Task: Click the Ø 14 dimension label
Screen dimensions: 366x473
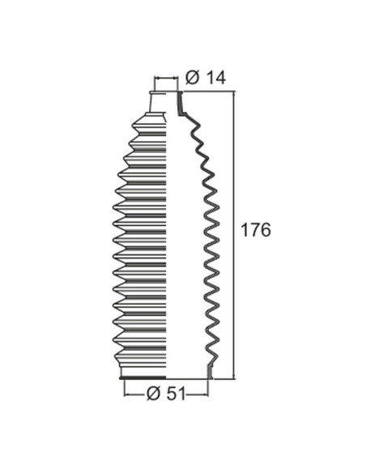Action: point(206,78)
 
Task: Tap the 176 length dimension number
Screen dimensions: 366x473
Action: point(256,231)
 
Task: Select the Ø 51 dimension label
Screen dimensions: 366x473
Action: point(166,394)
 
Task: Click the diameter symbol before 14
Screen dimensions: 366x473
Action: point(193,78)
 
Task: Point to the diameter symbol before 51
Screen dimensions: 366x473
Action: point(154,394)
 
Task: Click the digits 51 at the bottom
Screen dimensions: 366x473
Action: point(176,394)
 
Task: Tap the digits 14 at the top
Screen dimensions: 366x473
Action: point(216,78)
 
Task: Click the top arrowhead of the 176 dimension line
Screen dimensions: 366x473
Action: point(234,94)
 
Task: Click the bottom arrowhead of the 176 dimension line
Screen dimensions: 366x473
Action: point(234,375)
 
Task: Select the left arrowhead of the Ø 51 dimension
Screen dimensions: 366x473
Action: point(128,394)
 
